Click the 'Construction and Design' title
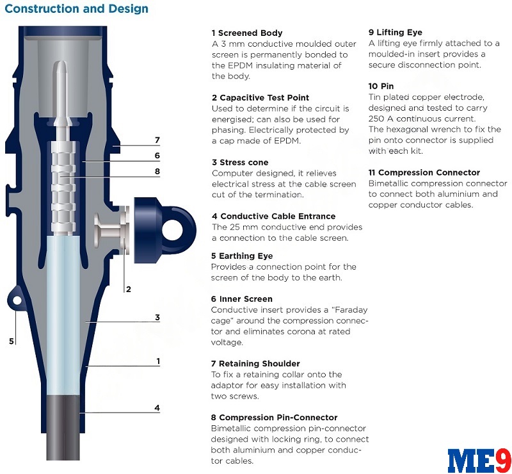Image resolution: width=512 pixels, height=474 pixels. pyautogui.click(x=76, y=8)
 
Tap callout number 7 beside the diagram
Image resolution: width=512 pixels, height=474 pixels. pyautogui.click(x=157, y=140)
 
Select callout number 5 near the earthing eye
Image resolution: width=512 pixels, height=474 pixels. pyautogui.click(x=12, y=341)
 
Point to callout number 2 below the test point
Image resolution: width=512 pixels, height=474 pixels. pyautogui.click(x=129, y=289)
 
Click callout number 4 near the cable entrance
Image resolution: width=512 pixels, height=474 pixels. pyautogui.click(x=157, y=407)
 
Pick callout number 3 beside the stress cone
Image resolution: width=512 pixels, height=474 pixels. pyautogui.click(x=157, y=317)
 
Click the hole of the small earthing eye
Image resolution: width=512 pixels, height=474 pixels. pyautogui.click(x=17, y=300)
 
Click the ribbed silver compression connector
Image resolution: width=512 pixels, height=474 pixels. pyautogui.click(x=63, y=187)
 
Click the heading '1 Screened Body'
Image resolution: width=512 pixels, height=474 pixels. pyautogui.click(x=247, y=33)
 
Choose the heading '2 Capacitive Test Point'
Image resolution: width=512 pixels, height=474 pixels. pyautogui.click(x=260, y=98)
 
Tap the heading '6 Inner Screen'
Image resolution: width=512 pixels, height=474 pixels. pyautogui.click(x=242, y=298)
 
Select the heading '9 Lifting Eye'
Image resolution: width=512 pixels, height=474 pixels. pyautogui.click(x=396, y=33)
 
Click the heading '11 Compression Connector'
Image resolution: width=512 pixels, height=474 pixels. pyautogui.click(x=424, y=172)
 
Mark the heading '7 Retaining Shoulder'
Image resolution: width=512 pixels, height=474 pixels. pyautogui.click(x=255, y=364)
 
